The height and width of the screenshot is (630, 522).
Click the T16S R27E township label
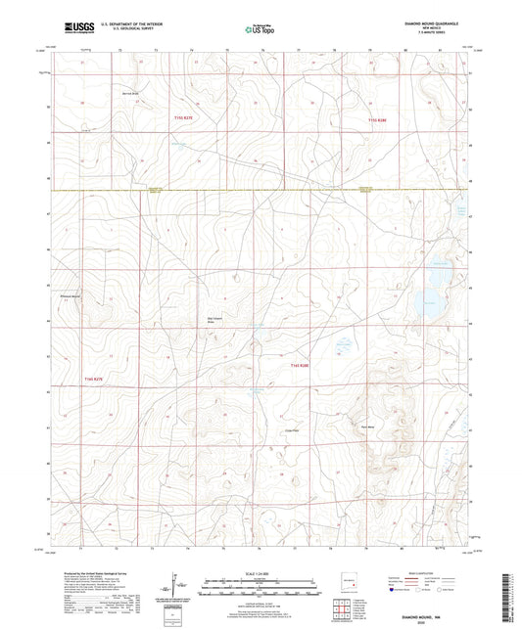93,378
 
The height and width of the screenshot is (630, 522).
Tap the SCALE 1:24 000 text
261,573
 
